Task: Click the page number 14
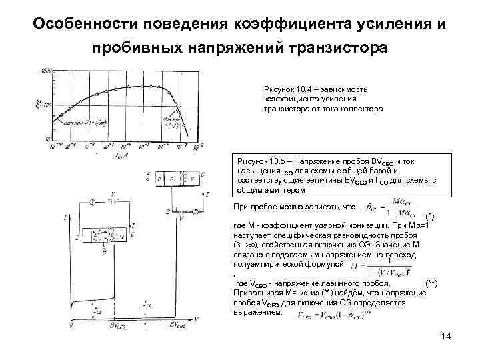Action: pos(446,335)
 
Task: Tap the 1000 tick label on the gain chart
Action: pos(47,71)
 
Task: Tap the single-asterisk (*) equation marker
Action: pos(429,217)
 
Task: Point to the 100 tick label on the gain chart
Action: pos(47,105)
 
